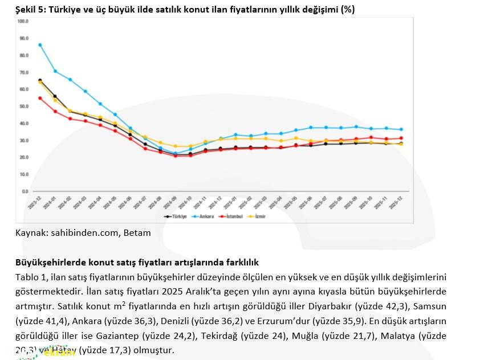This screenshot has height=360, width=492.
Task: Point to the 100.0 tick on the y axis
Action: pos(23,22)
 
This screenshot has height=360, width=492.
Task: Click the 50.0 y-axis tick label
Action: pos(23,107)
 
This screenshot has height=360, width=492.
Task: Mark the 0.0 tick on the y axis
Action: pos(25,191)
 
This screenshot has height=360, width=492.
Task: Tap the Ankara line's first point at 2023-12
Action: pos(40,45)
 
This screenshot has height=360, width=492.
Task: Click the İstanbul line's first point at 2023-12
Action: pos(40,98)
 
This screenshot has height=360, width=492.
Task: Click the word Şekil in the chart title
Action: pos(26,10)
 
